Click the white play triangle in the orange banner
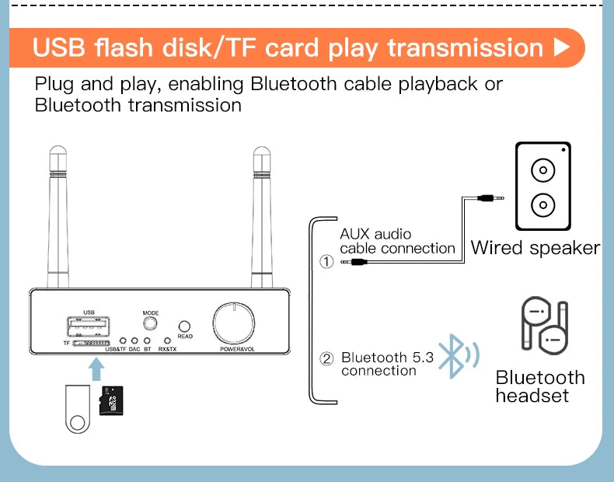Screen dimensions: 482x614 click(x=561, y=47)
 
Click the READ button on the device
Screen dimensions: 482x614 click(x=185, y=327)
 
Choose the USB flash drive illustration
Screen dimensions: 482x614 click(x=76, y=410)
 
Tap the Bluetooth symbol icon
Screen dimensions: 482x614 click(x=452, y=357)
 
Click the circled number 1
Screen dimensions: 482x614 click(x=327, y=262)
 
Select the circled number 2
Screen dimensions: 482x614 click(x=327, y=358)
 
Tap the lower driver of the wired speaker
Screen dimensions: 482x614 click(x=542, y=205)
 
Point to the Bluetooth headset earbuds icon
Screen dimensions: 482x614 click(x=542, y=325)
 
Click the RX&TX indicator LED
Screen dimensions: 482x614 click(x=166, y=340)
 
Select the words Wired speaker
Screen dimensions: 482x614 click(x=536, y=248)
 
